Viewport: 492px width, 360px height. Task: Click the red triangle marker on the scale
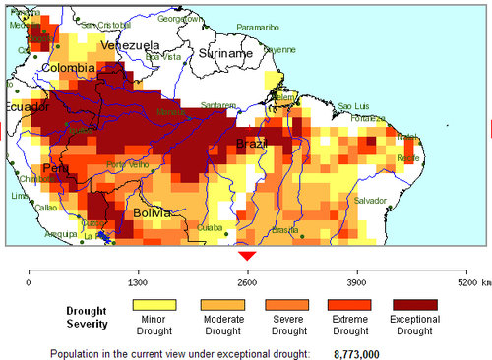click(x=248, y=255)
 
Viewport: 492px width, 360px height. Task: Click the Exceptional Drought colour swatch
click(x=416, y=305)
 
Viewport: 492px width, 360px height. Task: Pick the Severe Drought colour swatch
click(x=281, y=305)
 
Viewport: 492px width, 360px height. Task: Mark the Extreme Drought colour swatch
click(x=348, y=305)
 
